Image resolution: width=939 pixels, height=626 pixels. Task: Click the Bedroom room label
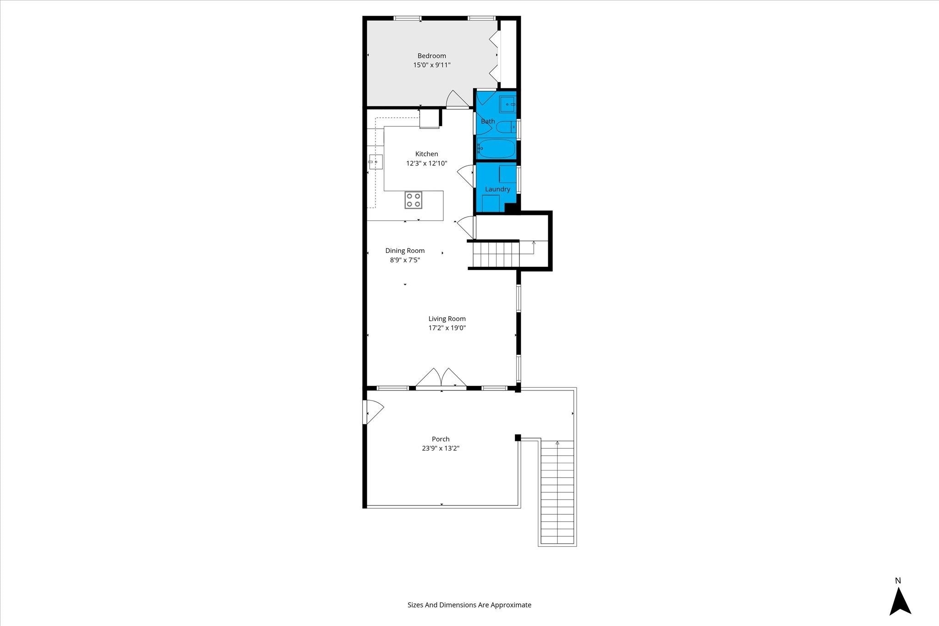(431, 56)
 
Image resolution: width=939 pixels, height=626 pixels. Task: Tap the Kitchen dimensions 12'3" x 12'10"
(426, 163)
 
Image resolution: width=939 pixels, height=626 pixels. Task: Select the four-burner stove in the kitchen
(414, 200)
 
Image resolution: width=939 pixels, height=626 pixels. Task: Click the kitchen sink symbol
(376, 162)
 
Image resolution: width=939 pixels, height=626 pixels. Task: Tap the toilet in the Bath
(507, 127)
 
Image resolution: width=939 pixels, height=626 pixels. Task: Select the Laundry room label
(497, 189)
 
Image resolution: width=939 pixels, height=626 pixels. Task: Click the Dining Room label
(405, 251)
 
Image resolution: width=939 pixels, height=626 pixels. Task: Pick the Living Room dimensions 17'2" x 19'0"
(447, 328)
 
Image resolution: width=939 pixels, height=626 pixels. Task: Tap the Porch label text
(441, 439)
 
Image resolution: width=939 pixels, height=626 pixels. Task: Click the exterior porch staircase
(557, 491)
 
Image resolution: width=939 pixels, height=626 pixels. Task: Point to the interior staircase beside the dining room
(496, 255)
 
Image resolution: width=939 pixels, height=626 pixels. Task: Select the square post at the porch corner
(518, 438)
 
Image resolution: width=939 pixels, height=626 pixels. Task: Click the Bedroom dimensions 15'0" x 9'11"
(432, 65)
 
